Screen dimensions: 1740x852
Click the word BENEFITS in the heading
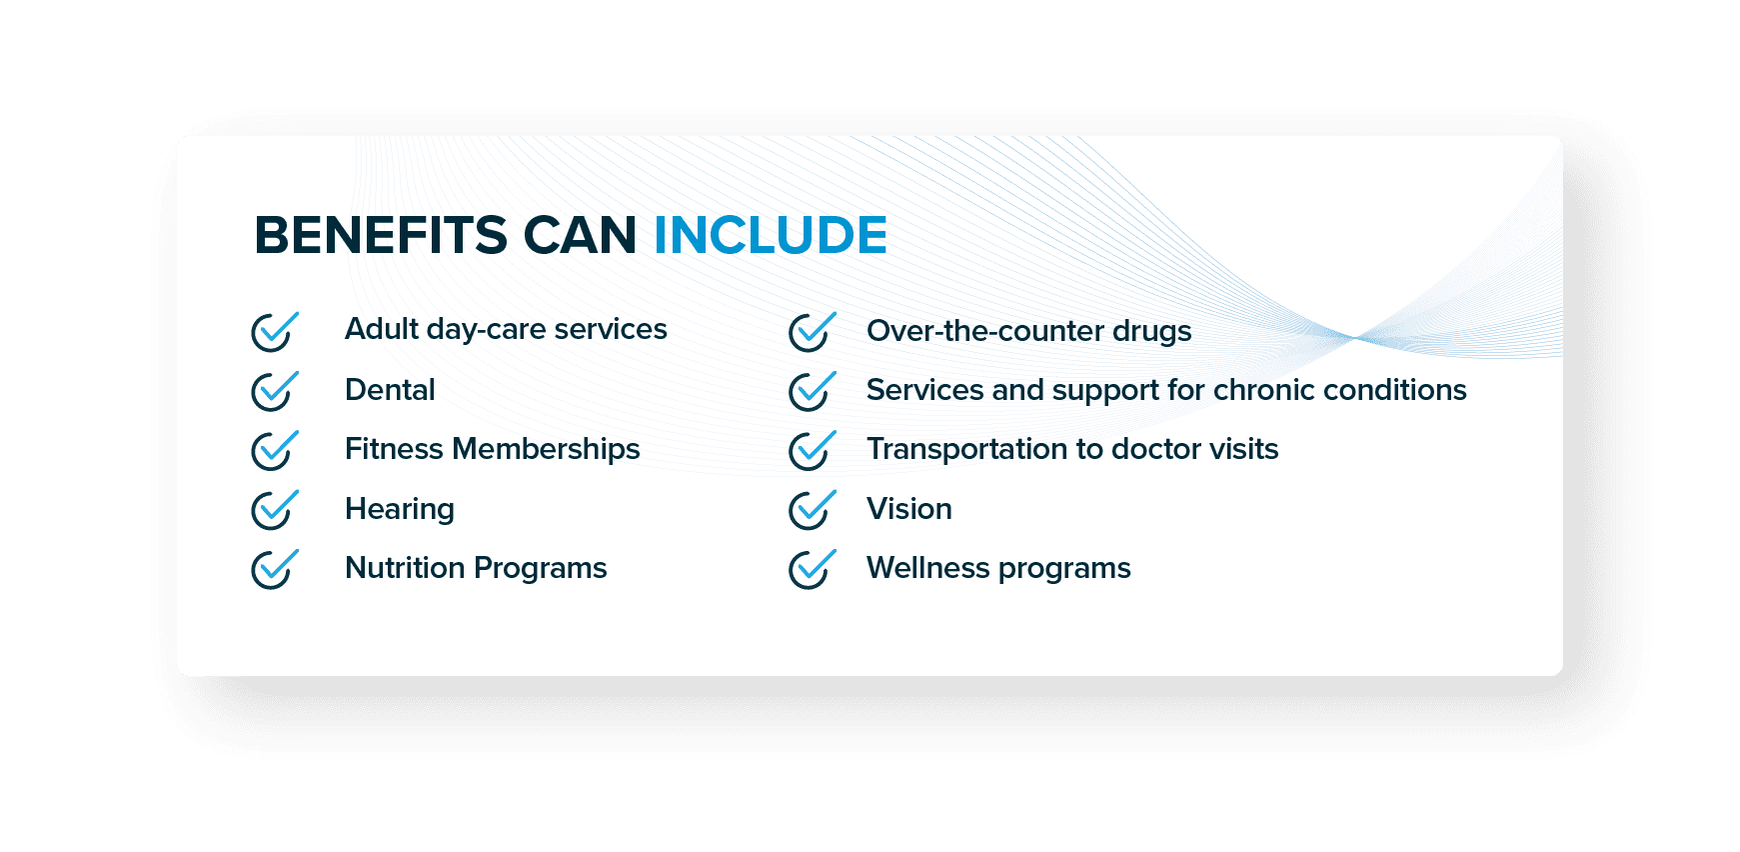[381, 236]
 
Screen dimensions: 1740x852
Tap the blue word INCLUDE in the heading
[771, 236]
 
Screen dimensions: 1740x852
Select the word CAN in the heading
[581, 236]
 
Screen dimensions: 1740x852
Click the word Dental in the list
[390, 390]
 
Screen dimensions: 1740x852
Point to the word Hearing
[400, 510]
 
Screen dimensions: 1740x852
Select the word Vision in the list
[909, 509]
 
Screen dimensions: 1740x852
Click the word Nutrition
[406, 568]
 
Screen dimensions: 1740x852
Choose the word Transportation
[967, 450]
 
